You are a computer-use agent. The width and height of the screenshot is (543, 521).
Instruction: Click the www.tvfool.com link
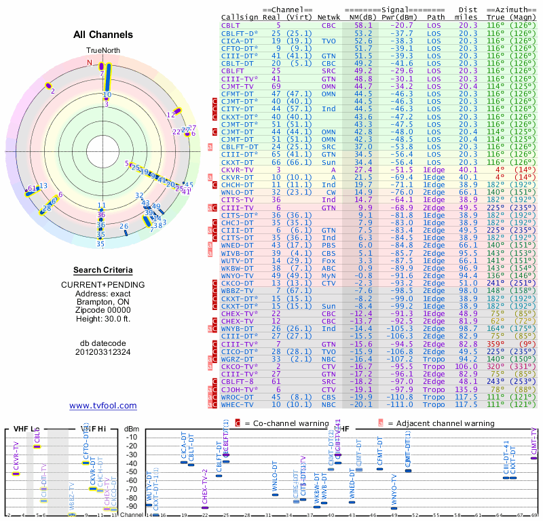click(x=102, y=406)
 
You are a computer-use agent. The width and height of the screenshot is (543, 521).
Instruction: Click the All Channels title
click(x=102, y=34)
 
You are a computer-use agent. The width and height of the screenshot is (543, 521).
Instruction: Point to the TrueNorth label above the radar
click(x=102, y=51)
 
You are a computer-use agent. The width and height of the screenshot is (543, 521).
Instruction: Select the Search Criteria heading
click(x=102, y=270)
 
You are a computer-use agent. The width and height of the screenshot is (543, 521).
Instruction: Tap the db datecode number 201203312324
click(x=102, y=352)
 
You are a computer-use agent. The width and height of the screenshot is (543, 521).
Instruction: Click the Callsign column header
click(x=239, y=16)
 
